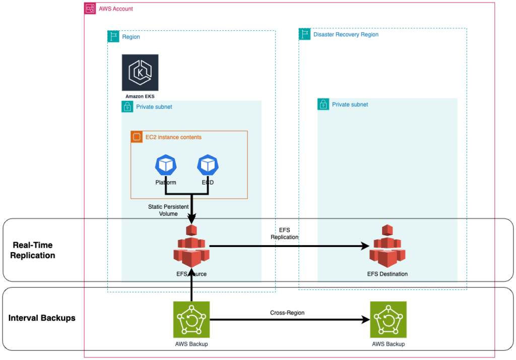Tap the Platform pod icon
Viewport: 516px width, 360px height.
point(165,165)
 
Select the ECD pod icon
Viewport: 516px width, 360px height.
point(208,165)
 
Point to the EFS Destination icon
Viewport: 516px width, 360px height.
point(387,247)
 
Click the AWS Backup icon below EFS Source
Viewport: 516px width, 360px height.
point(191,320)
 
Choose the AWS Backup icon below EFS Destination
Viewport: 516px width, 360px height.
point(389,320)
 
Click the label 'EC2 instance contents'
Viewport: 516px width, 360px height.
point(173,137)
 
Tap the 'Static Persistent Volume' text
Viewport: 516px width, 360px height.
point(168,210)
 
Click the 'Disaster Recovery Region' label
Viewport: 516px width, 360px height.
point(346,35)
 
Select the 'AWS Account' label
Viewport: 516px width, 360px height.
point(116,9)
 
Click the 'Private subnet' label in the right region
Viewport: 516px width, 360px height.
point(350,104)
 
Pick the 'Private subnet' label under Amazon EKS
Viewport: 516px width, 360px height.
point(154,107)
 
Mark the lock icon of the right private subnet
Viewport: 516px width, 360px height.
point(323,104)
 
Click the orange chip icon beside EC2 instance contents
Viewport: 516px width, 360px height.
point(136,137)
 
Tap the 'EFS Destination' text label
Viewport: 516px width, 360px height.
point(387,274)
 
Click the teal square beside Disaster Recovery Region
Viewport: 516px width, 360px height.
point(305,34)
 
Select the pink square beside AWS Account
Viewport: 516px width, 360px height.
point(90,9)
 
